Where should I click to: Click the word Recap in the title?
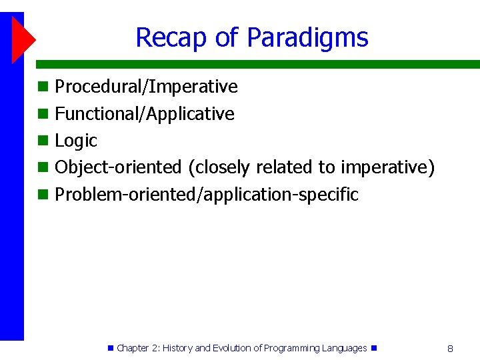click(171, 37)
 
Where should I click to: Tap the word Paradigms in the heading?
click(307, 37)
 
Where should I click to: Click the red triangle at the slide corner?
click(24, 40)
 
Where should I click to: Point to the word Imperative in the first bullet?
click(193, 87)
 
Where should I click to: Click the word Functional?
click(97, 113)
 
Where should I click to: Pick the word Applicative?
click(190, 114)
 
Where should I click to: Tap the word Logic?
click(76, 141)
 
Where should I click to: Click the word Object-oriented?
click(118, 168)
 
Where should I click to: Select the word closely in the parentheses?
click(219, 168)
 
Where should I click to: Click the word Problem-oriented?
click(125, 194)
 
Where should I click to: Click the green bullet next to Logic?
click(43, 141)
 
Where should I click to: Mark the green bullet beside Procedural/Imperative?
click(43, 87)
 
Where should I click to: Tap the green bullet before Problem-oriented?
click(43, 195)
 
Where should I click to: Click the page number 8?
click(450, 349)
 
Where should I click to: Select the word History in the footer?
click(177, 349)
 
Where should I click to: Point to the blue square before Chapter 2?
click(111, 348)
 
